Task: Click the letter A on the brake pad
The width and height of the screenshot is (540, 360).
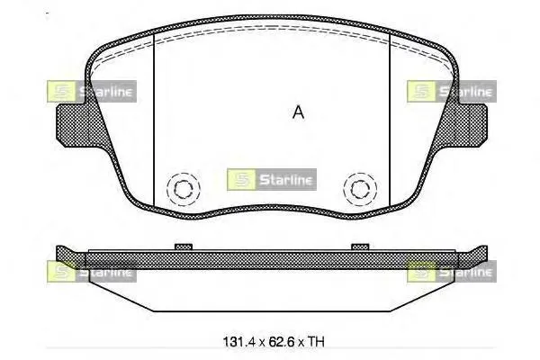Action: pos(298,112)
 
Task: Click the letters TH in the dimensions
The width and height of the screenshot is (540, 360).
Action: pos(316,342)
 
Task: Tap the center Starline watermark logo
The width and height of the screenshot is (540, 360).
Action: pos(272,179)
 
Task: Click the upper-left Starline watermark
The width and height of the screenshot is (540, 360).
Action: pos(92,91)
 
